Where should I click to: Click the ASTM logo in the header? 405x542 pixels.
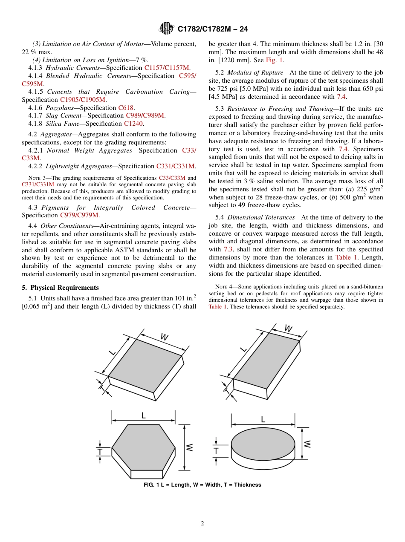pos(166,29)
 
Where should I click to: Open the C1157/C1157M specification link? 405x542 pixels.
pos(167,68)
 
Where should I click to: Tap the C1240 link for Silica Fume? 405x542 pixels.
pos(133,124)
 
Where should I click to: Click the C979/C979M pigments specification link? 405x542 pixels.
pos(79,215)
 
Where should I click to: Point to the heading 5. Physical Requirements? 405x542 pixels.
pos(60,288)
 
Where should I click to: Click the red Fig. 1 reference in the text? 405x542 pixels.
pos(274,60)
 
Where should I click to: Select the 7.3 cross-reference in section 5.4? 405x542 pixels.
pos(228,249)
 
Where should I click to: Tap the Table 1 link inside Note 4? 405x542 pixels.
pos(218,306)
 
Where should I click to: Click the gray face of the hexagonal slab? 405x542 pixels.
pos(144,447)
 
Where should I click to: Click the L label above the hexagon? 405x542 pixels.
pos(143,415)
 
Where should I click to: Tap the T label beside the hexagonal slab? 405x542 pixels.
pos(99,451)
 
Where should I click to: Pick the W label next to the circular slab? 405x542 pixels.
pos(307,444)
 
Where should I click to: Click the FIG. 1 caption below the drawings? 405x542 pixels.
pos(202,485)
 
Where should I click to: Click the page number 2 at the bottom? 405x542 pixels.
pos(202,524)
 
